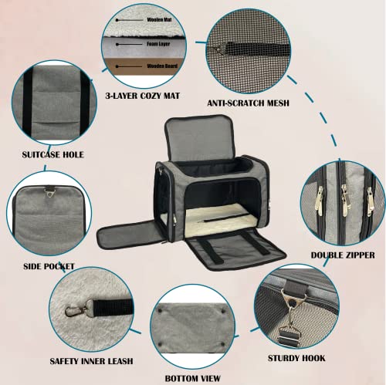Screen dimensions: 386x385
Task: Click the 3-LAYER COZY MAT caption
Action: point(142,96)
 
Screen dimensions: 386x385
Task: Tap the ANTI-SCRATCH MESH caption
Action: point(248,103)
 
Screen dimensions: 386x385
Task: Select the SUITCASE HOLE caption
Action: point(52,154)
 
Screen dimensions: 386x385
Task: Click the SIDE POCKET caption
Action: point(49,266)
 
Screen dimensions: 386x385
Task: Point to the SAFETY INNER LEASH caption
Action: point(91,361)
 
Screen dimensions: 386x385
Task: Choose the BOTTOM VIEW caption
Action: point(192,378)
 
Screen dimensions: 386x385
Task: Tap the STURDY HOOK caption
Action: point(296,358)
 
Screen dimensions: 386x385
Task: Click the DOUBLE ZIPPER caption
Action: point(343,255)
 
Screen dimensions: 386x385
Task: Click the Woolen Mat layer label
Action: point(159,19)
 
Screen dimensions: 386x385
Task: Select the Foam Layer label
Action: point(158,44)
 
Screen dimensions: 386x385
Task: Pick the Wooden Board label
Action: point(162,66)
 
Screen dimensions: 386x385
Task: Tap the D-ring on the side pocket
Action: point(49,192)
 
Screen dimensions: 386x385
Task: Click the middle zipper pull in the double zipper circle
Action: point(344,200)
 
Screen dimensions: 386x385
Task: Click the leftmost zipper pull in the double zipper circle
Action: point(319,201)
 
